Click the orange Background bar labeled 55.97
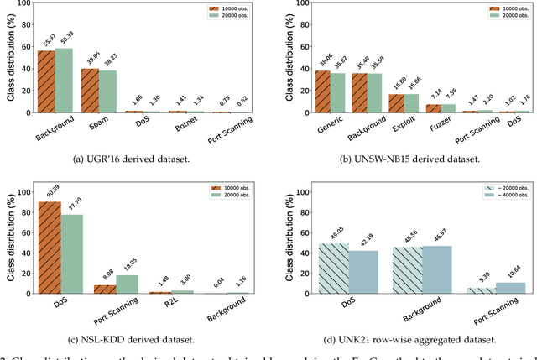click(x=45, y=81)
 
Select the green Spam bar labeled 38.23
click(x=108, y=91)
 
